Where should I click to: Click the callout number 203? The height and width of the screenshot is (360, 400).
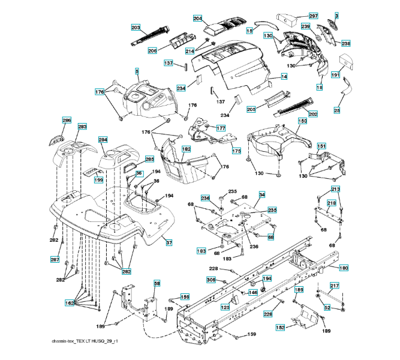coord(136,28)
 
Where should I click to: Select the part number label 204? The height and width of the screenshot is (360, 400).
coord(198,19)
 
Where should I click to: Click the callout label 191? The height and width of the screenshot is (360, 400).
coord(335,75)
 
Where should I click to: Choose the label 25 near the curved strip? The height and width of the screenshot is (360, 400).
coord(337,110)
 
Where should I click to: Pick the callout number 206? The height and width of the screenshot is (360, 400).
coord(152,50)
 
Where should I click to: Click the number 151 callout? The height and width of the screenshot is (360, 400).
coord(321,146)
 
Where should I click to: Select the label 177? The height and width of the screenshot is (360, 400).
coord(221,128)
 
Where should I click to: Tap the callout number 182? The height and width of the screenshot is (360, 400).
coord(187,149)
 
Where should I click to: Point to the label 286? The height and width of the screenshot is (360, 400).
coord(67,121)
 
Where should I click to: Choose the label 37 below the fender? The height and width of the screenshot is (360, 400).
coord(169,242)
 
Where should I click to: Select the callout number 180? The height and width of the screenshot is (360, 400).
coord(344,268)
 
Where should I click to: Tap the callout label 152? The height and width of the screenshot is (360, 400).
coord(280,328)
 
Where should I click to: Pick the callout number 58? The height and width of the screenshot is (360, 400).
coord(157,283)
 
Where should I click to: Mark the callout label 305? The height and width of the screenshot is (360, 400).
coord(211,280)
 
